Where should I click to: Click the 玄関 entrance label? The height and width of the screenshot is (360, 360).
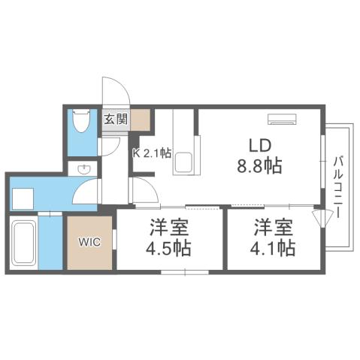tap(116, 119)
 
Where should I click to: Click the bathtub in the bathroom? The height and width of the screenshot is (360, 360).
tap(26, 245)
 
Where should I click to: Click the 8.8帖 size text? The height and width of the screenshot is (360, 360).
tap(259, 165)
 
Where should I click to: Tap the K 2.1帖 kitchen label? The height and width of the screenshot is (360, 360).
tap(152, 153)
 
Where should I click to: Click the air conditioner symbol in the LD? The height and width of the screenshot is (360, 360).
tap(282, 118)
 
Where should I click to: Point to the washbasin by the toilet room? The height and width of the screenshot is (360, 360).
tap(85, 169)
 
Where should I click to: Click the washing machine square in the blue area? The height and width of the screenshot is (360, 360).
tap(23, 198)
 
